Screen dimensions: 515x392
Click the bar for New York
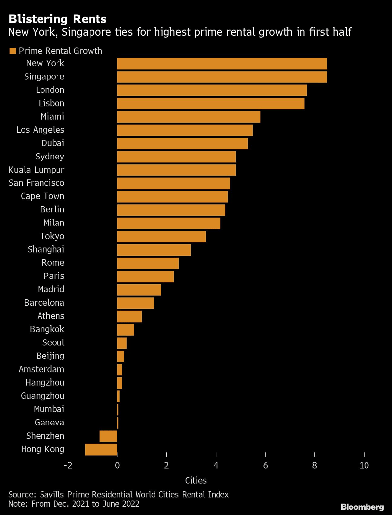[x=222, y=64]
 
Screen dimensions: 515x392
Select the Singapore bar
[x=222, y=77]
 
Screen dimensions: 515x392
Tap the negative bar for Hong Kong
[x=101, y=449]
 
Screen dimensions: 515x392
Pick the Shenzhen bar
[x=108, y=436]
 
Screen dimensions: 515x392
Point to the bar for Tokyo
[x=161, y=237]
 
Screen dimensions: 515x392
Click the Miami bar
[x=188, y=117]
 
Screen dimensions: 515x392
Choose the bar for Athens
[x=129, y=316]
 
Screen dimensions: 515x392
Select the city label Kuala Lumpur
[x=36, y=170]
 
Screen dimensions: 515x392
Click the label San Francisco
[x=37, y=183]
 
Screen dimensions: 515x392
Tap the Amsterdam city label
[x=41, y=369]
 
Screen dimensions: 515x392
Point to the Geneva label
[x=49, y=423]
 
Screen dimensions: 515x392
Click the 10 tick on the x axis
[x=364, y=465]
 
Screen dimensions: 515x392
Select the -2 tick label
[x=68, y=465]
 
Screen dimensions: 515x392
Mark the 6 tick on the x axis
[x=265, y=465]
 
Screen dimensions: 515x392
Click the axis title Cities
[x=196, y=480]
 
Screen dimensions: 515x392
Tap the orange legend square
[x=13, y=51]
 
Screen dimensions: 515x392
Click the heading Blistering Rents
[x=57, y=19]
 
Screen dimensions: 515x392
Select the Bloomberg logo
[x=362, y=507]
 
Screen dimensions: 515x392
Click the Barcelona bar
[x=135, y=303]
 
